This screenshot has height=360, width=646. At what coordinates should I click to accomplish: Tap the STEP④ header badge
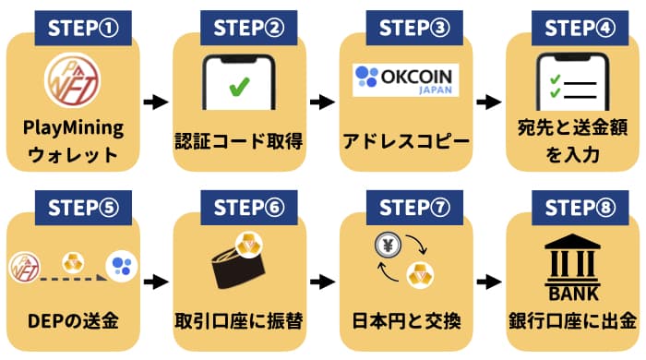point(576,25)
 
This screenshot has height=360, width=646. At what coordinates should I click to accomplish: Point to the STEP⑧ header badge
point(576,205)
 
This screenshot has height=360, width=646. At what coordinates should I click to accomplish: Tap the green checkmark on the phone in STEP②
point(239,89)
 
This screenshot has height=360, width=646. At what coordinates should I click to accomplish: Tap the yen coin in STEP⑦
point(387,246)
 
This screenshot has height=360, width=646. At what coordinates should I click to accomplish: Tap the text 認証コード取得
point(239,142)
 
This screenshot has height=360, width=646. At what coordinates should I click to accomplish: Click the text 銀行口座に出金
point(572,322)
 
